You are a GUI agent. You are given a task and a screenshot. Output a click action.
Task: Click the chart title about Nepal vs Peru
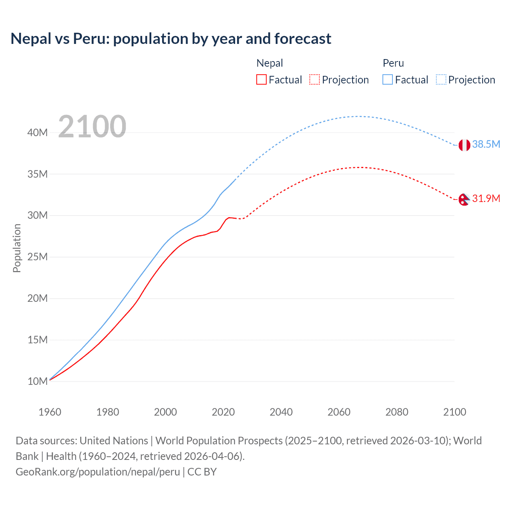point(171,39)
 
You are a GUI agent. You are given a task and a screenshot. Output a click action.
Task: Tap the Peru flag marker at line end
point(464,145)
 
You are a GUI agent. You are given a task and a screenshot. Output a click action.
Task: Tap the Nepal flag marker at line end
point(464,199)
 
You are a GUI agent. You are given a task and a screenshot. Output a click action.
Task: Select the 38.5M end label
point(486,144)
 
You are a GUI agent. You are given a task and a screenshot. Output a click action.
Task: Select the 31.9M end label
point(486,198)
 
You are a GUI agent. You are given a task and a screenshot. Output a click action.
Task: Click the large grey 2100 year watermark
point(92,127)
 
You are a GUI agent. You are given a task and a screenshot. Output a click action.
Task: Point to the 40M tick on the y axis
point(38,133)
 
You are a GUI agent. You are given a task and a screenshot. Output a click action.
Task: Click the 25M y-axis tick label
point(38,257)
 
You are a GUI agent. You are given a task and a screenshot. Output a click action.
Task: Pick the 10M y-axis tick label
point(38,381)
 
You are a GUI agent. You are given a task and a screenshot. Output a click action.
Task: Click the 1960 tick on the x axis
point(50,412)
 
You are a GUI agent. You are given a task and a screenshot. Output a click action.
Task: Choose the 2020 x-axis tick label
point(223,412)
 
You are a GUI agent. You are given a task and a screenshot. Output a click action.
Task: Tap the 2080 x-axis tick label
point(397,412)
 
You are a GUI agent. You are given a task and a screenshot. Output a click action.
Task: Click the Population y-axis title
point(17,248)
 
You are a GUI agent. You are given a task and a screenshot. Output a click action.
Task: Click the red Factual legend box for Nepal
point(261,79)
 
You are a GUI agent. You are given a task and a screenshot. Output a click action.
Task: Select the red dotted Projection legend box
point(315,79)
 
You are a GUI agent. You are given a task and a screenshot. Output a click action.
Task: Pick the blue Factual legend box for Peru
point(387,79)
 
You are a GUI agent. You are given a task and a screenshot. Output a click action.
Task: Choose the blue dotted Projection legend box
point(441,79)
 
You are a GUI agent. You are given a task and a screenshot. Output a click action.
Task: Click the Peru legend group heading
point(393,63)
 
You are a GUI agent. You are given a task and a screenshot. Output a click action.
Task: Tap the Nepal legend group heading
point(269,63)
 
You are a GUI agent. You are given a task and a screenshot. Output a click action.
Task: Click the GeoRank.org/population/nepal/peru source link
point(98,472)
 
